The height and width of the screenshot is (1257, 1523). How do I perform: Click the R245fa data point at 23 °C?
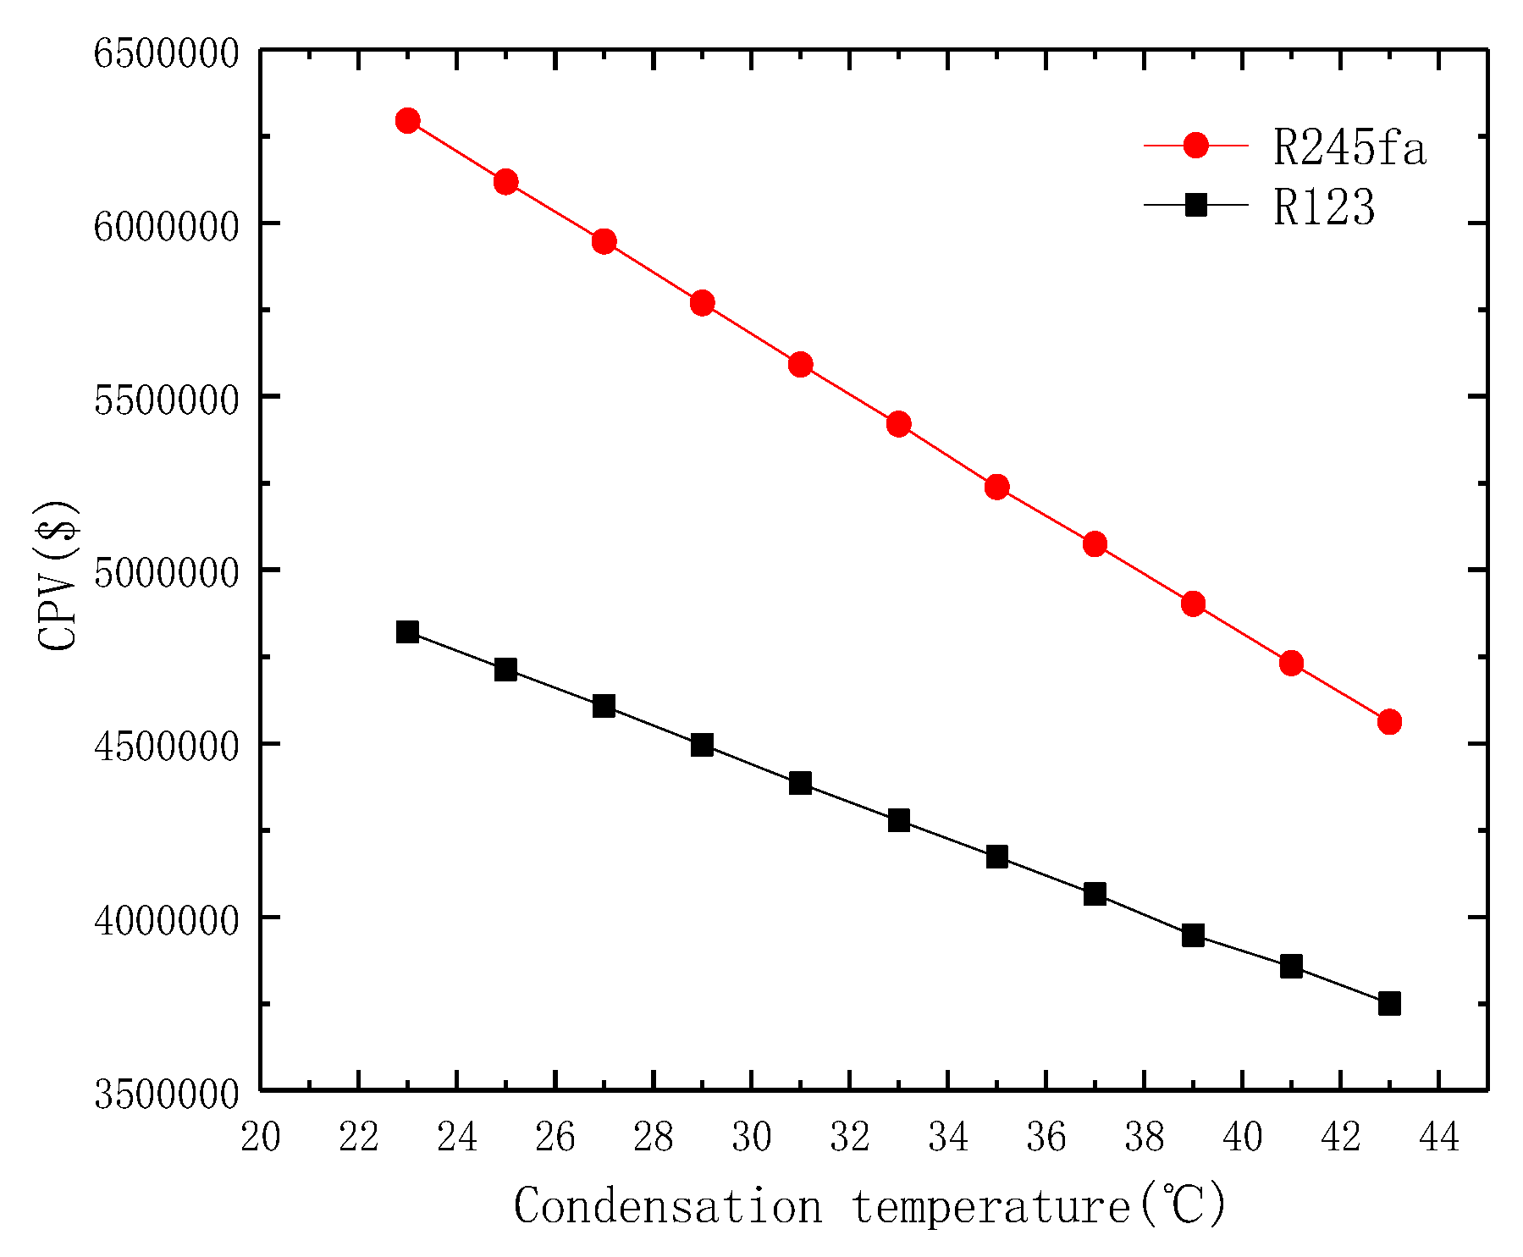[x=407, y=120]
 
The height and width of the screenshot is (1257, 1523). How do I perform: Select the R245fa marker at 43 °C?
[x=1389, y=722]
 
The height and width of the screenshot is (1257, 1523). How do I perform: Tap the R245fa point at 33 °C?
[x=898, y=424]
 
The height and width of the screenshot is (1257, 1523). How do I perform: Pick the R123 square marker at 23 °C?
[x=407, y=631]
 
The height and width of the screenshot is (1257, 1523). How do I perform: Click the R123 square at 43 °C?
[x=1389, y=1004]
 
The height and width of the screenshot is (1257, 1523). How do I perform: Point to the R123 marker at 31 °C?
[x=800, y=783]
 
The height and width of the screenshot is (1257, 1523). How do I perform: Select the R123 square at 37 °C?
[x=1095, y=894]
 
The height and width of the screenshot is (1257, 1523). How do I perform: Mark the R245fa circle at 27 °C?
[x=604, y=242]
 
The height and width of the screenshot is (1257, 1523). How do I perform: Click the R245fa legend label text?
[x=1349, y=148]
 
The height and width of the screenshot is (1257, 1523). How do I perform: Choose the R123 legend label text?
[x=1324, y=207]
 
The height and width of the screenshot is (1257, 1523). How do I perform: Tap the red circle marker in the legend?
[x=1195, y=146]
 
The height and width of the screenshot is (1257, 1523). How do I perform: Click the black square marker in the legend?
[x=1195, y=205]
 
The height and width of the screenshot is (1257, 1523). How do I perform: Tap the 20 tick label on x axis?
[x=260, y=1137]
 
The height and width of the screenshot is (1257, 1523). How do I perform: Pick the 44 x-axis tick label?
[x=1438, y=1137]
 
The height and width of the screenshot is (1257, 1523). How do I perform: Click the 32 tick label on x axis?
[x=849, y=1137]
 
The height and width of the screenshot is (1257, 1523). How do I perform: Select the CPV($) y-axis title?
[x=58, y=576]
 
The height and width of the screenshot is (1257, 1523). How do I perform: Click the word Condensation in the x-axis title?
[x=667, y=1205]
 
